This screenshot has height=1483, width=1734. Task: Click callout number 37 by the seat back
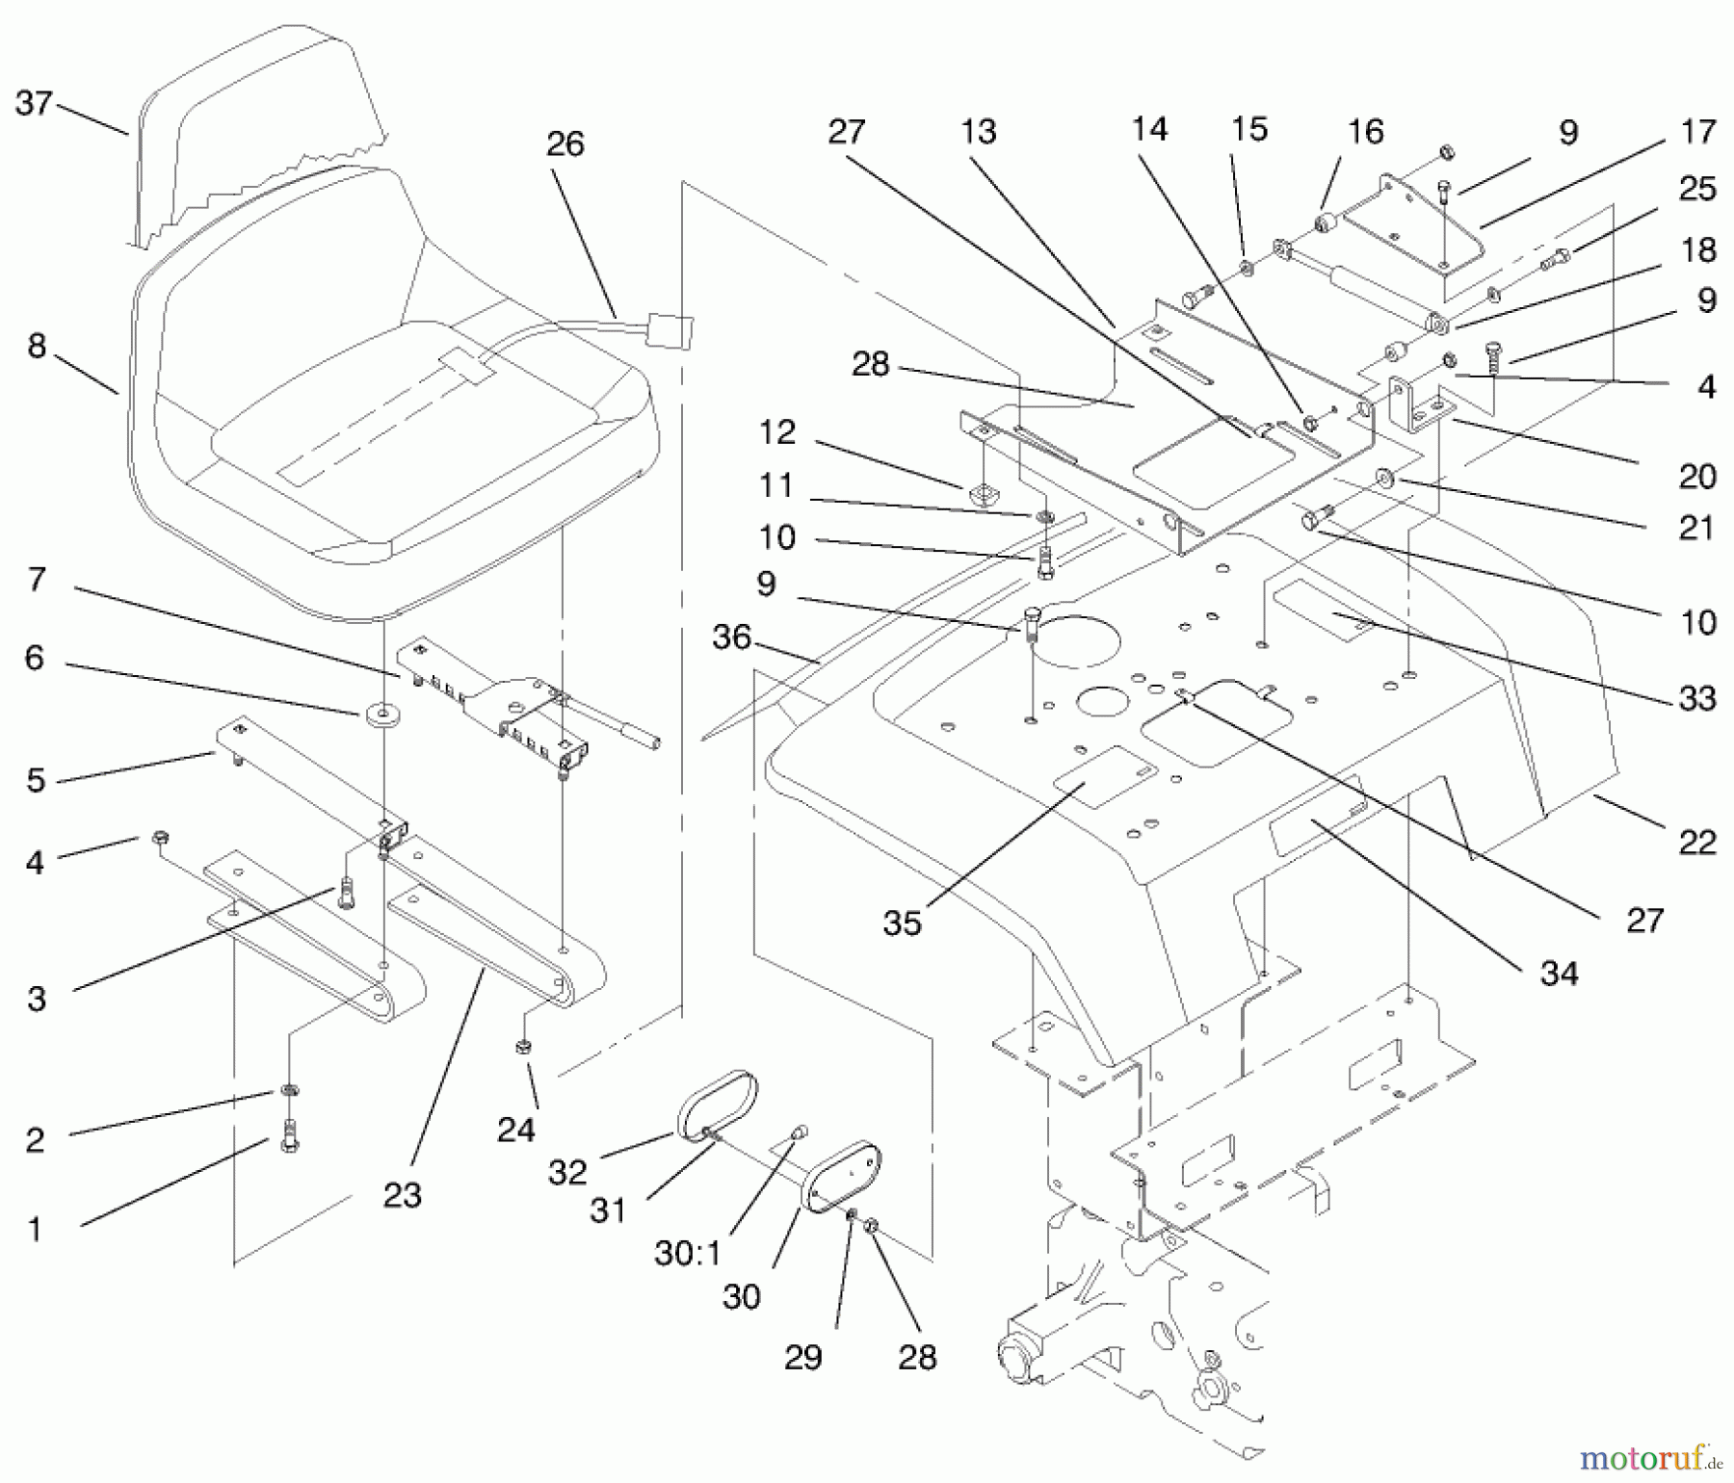coord(33,102)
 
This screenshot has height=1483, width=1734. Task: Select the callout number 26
coord(565,144)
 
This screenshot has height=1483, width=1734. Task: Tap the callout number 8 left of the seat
coord(37,346)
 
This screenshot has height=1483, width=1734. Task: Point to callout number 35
coord(902,923)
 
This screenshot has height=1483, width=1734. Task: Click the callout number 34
coord(1559,974)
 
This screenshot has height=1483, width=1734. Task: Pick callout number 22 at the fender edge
coord(1697,843)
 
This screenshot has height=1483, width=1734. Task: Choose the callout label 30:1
coord(688,1254)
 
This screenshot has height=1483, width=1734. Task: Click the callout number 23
coord(402,1195)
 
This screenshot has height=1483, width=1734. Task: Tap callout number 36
coord(731,637)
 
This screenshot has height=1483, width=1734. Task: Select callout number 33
coord(1697,698)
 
